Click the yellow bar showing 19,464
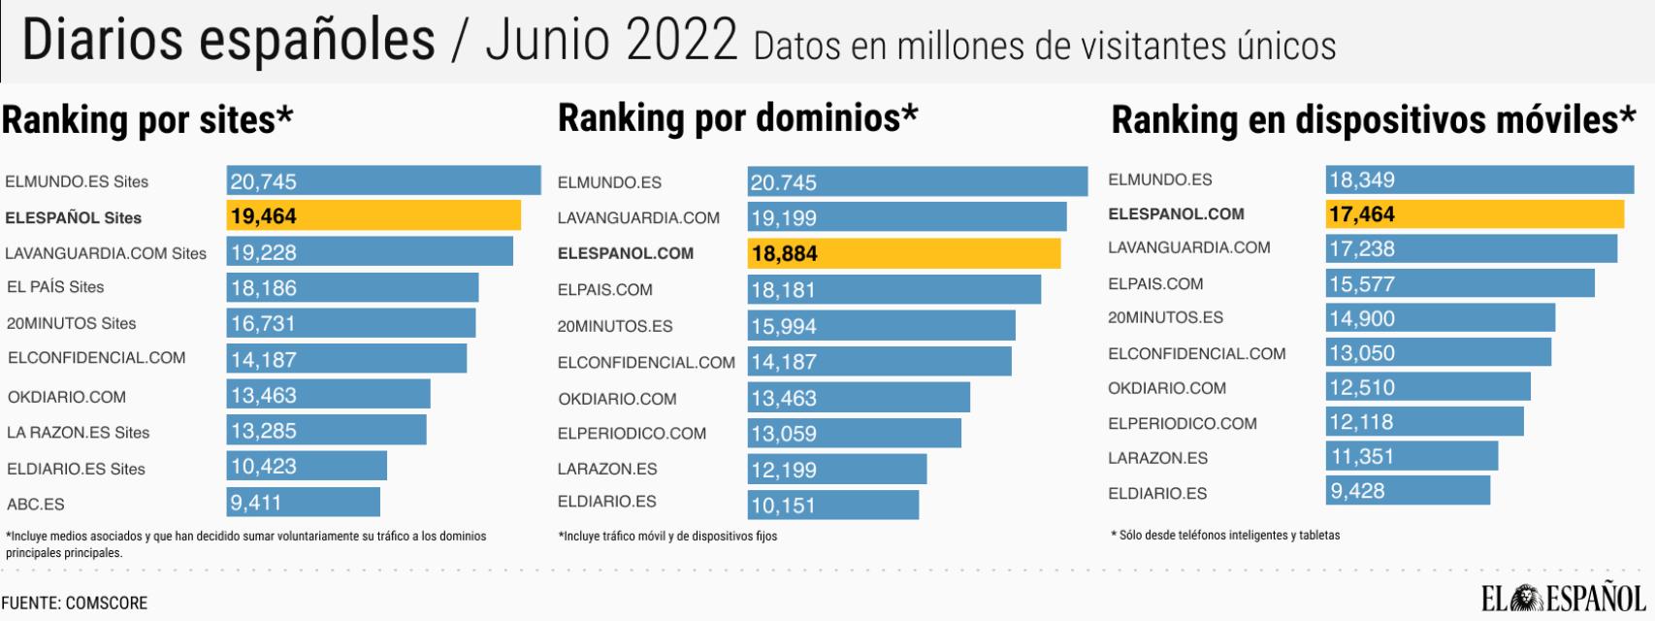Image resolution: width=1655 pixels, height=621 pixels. (373, 215)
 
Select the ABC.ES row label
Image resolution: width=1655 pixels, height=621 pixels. (36, 505)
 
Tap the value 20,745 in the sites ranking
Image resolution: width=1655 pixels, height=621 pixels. (264, 181)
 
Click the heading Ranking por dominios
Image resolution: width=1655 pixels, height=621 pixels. (737, 118)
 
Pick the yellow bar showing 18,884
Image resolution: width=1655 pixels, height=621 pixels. (903, 253)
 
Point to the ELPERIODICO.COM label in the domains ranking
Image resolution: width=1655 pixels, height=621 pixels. (632, 434)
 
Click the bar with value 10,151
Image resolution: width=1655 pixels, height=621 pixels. (832, 505)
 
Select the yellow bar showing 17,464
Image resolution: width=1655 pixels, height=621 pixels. (1474, 214)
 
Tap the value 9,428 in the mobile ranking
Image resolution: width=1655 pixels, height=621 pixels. (1357, 491)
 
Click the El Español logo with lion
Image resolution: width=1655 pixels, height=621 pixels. (1563, 599)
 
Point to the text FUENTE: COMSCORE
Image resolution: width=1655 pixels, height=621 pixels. (75, 603)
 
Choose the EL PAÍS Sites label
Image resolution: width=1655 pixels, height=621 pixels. (55, 287)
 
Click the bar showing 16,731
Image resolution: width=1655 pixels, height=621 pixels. (351, 323)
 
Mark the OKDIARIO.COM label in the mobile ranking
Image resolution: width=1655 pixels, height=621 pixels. (1167, 388)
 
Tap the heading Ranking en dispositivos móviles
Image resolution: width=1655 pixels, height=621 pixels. (1373, 120)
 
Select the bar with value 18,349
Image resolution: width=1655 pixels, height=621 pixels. (1478, 180)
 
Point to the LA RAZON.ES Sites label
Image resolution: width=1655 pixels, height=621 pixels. (79, 433)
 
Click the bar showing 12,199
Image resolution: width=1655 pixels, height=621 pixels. (836, 470)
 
